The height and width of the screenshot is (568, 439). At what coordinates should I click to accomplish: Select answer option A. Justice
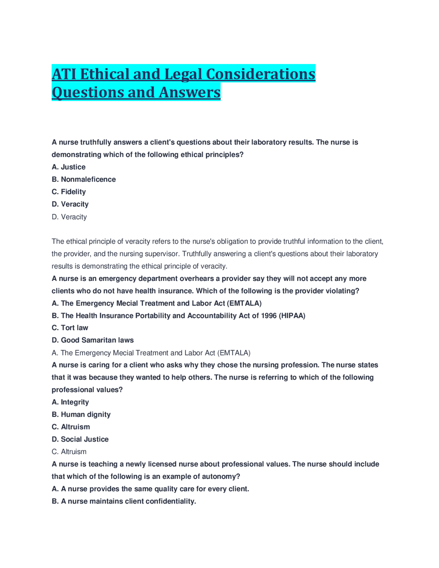click(69, 167)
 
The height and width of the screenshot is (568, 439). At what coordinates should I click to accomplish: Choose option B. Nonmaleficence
click(84, 179)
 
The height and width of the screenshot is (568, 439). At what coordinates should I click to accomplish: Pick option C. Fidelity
click(69, 192)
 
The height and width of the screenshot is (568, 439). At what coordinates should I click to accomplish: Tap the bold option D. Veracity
click(70, 204)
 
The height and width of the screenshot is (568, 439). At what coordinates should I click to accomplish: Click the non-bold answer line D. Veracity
click(69, 217)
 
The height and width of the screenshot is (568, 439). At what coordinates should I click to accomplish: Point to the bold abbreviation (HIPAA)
click(292, 316)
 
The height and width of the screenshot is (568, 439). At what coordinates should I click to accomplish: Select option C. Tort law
click(70, 328)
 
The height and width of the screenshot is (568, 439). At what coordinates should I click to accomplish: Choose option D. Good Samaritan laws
click(93, 340)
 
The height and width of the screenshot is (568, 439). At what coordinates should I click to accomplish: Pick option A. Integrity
click(70, 402)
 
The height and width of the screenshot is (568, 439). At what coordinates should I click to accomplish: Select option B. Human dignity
click(81, 414)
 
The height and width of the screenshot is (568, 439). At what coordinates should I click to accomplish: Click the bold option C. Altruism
click(71, 427)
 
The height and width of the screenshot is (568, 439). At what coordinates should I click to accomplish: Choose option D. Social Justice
click(80, 439)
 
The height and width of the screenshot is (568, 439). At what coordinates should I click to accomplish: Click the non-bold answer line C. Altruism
click(69, 452)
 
